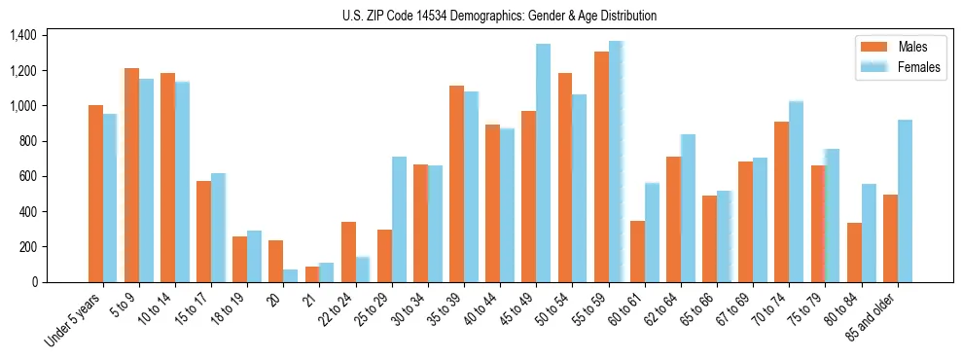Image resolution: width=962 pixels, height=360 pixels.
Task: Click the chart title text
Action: point(499,16)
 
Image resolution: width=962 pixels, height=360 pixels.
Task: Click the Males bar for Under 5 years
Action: point(95,194)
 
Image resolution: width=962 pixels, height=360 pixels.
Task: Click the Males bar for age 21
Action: point(311,274)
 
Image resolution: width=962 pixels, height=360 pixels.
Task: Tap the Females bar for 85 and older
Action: point(905,200)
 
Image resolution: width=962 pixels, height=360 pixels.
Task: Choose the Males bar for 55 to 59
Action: point(601,166)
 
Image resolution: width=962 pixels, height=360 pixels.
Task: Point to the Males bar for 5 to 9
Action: point(131,175)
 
